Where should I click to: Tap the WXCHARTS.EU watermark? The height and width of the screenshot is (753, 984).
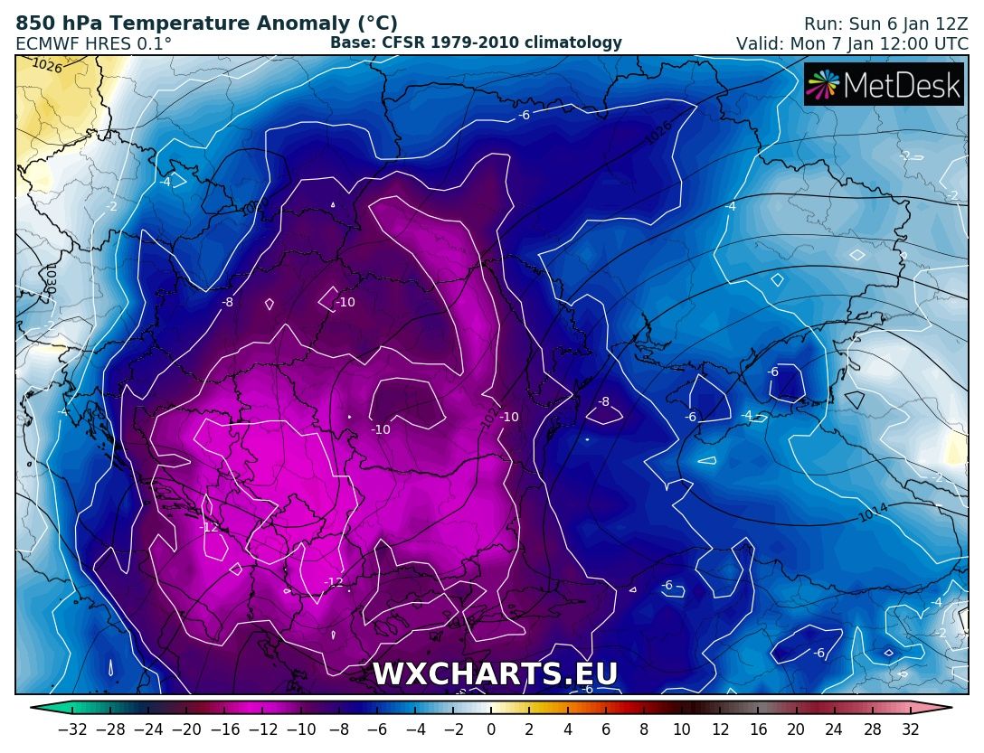495,674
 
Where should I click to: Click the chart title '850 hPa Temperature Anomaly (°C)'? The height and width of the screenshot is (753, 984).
207,24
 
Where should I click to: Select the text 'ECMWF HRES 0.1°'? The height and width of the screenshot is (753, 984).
94,43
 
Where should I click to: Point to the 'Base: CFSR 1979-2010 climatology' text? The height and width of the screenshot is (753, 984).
476,42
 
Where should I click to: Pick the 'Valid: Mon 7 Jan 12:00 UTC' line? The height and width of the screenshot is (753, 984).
852,43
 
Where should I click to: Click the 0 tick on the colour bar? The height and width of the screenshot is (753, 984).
491,729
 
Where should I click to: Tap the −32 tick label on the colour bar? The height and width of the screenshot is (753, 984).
72,729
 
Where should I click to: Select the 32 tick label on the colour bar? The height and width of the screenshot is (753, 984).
910,729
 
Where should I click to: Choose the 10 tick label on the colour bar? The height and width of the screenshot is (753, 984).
682,729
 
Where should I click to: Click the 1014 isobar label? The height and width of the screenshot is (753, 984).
874,513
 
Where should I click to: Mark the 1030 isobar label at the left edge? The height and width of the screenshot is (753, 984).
50,278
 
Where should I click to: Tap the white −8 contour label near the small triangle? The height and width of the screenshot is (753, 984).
604,401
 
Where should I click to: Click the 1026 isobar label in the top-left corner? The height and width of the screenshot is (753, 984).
47,65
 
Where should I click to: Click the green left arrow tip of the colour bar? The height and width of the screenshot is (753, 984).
35,708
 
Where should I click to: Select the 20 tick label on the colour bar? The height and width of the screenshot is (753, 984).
796,729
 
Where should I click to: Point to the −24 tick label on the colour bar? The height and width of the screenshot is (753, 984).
148,729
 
